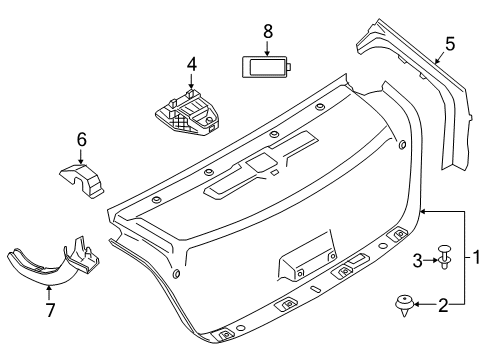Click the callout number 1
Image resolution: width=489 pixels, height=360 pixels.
pyautogui.click(x=477, y=256)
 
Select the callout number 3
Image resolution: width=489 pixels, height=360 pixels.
pyautogui.click(x=419, y=260)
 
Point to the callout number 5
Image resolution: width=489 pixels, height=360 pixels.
pyautogui.click(x=450, y=43)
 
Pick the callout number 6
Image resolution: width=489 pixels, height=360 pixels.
pyautogui.click(x=82, y=141)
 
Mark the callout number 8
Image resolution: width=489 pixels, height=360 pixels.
pyautogui.click(x=267, y=31)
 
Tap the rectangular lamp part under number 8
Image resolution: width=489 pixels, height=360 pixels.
pyautogui.click(x=267, y=67)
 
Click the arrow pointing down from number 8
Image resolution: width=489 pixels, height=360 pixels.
pyautogui.click(x=267, y=46)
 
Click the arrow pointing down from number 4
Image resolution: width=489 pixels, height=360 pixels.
pyautogui.click(x=191, y=81)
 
